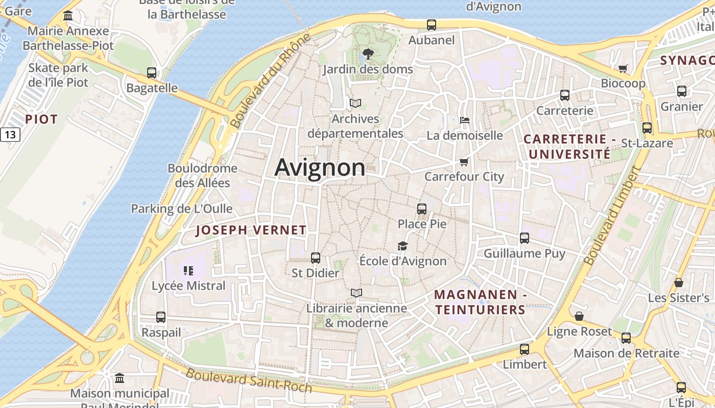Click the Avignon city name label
pyautogui.click(x=320, y=167)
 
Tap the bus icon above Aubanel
pyautogui.click(x=432, y=24)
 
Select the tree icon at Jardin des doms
pyautogui.click(x=368, y=54)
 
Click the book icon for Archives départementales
pyautogui.click(x=355, y=104)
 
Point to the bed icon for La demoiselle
pyautogui.click(x=465, y=120)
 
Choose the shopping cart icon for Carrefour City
pyautogui.click(x=464, y=162)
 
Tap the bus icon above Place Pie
pyautogui.click(x=422, y=209)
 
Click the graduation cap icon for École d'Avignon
pyautogui.click(x=403, y=246)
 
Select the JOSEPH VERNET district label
pyautogui.click(x=251, y=230)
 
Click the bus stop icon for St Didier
pyautogui.click(x=316, y=258)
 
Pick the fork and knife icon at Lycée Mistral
pyautogui.click(x=188, y=270)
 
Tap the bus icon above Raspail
pyautogui.click(x=161, y=317)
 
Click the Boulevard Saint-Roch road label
pyautogui.click(x=248, y=380)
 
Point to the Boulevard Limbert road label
pyautogui.click(x=611, y=216)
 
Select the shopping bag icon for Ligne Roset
pyautogui.click(x=579, y=317)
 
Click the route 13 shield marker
pyautogui.click(x=10, y=135)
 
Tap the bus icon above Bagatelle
pyautogui.click(x=152, y=73)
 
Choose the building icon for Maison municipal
pyautogui.click(x=120, y=378)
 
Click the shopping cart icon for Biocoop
pyautogui.click(x=623, y=68)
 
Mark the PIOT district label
pyautogui.click(x=41, y=119)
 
